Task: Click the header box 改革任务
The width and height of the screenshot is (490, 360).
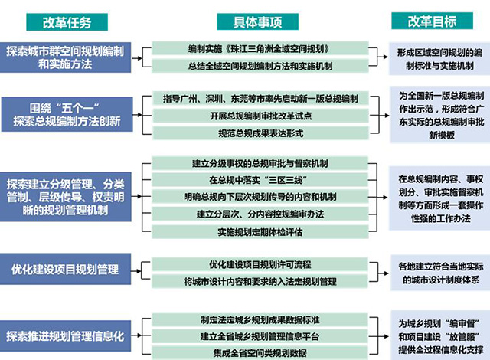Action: (67, 22)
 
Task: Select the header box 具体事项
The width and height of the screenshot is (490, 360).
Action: (257, 21)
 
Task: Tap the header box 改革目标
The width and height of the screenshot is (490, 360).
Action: (432, 21)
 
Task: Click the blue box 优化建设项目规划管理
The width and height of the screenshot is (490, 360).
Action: (65, 269)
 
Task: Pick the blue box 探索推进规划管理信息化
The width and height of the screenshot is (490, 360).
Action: (65, 336)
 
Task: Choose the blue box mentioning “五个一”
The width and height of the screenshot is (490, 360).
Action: (67, 114)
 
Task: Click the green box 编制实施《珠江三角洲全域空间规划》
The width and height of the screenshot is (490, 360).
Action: (260, 49)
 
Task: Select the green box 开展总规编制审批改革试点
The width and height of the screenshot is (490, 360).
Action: (260, 116)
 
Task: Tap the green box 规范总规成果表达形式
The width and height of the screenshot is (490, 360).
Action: (260, 133)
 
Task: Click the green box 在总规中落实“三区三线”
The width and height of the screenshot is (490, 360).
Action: (260, 180)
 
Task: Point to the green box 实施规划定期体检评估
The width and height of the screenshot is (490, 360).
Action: (260, 232)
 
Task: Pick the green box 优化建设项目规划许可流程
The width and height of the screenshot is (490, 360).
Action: (260, 265)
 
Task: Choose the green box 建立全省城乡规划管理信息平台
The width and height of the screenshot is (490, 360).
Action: (260, 336)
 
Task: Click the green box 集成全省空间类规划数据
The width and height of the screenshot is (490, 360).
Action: (260, 353)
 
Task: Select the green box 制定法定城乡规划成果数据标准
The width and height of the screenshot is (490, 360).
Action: (260, 319)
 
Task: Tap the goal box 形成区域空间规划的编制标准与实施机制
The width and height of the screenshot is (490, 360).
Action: (439, 59)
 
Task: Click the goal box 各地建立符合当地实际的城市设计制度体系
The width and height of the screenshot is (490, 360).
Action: (440, 273)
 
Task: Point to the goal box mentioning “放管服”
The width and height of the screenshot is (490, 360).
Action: (440, 336)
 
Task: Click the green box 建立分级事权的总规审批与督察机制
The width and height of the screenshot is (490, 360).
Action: (260, 163)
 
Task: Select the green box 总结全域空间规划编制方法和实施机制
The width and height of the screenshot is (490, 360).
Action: (260, 66)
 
